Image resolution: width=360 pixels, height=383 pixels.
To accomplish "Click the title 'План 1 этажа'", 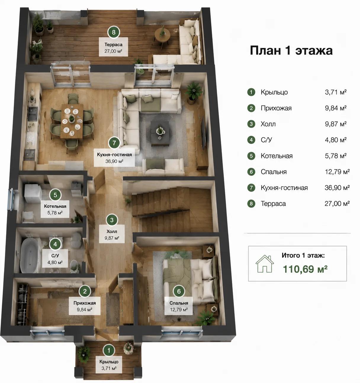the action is [291, 51].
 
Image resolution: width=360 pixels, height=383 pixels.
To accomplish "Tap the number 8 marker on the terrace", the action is [113, 32].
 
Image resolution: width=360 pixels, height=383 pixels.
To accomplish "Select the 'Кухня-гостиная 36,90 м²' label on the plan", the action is [114, 158].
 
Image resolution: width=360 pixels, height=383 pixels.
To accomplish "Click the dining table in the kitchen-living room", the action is [72, 121].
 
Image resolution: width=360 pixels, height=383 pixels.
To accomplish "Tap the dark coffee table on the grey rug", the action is [160, 133].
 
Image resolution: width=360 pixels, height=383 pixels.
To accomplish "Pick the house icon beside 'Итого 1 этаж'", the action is [264, 263].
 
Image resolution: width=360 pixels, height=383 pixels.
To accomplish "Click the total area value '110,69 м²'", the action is [305, 269].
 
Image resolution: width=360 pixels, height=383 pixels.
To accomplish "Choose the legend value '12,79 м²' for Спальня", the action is [337, 171].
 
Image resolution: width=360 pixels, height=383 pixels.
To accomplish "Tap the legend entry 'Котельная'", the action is [277, 156].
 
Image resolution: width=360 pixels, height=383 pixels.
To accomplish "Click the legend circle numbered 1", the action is [251, 92].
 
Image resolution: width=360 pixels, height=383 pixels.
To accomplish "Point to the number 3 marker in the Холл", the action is [112, 220].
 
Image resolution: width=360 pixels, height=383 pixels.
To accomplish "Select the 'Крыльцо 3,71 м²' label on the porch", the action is [109, 365].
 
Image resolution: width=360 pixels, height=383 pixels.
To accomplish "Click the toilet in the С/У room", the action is [74, 266].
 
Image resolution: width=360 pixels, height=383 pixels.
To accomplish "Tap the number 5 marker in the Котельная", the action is [55, 195].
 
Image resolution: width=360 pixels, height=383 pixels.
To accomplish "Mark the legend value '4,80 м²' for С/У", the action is [336, 140].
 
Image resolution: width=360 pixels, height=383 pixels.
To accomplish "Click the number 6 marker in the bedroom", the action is [179, 291].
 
